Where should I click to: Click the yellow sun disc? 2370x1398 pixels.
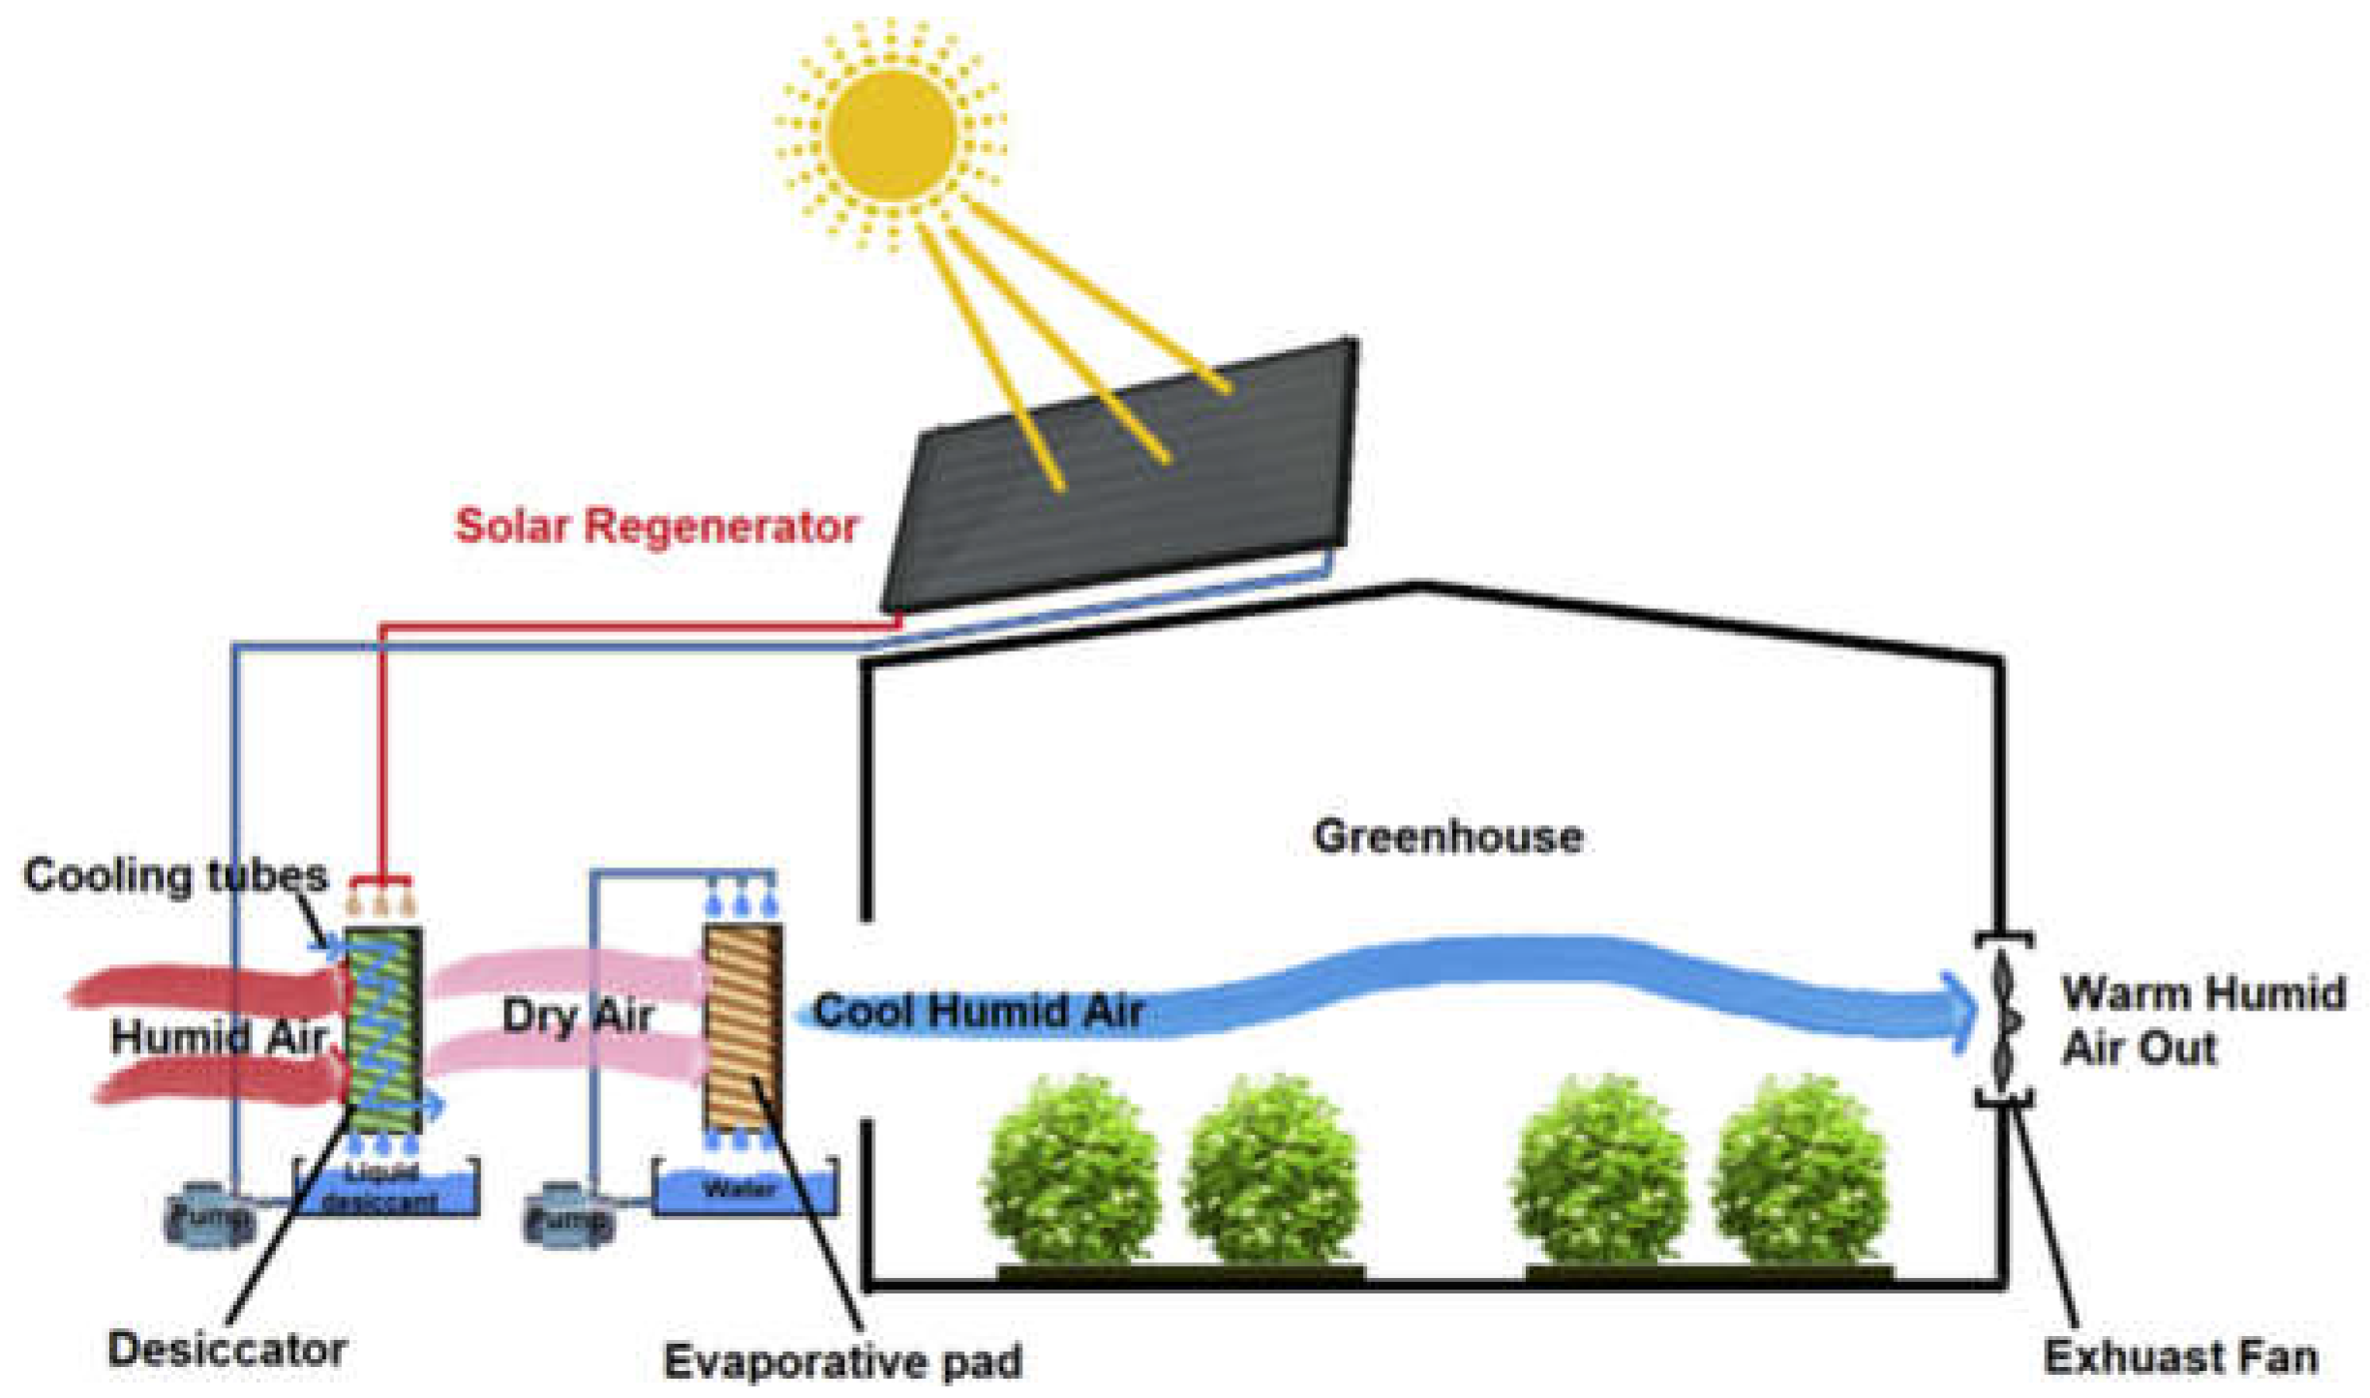(x=892, y=135)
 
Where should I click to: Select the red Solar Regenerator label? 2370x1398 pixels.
(x=656, y=526)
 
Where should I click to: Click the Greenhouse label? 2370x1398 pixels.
(x=1447, y=836)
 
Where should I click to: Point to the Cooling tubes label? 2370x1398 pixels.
(x=175, y=875)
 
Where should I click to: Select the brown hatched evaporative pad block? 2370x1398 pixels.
(x=743, y=1026)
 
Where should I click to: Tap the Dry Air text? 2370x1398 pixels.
(x=577, y=1016)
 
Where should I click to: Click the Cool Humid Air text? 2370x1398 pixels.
(x=979, y=1011)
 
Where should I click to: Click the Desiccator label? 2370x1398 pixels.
(x=227, y=1350)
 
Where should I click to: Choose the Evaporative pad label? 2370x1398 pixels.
(x=842, y=1361)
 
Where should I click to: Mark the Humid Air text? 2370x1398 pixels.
(x=217, y=1038)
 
